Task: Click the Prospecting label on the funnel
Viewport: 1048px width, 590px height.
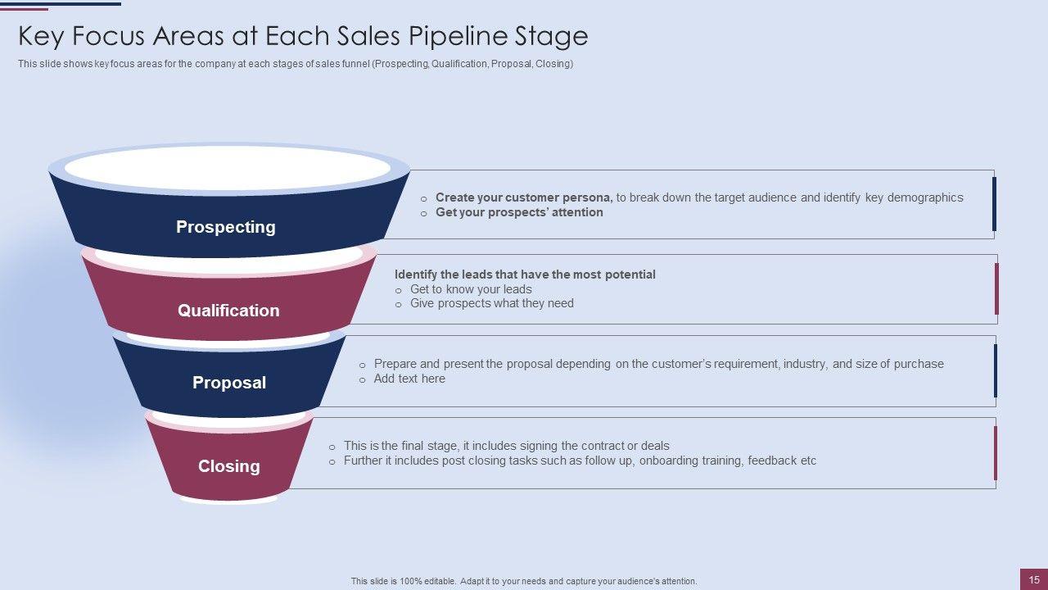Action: click(225, 227)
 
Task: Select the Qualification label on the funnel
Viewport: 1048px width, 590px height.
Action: click(228, 311)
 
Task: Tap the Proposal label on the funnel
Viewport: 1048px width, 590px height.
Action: click(229, 383)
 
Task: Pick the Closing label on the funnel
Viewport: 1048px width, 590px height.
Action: click(229, 466)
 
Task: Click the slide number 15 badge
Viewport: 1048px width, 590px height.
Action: click(1034, 579)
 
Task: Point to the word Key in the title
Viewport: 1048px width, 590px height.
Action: click(42, 37)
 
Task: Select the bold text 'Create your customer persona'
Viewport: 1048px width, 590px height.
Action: click(524, 197)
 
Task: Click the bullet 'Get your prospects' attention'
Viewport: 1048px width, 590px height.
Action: click(519, 212)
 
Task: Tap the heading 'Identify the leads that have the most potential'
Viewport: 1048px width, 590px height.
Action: click(525, 275)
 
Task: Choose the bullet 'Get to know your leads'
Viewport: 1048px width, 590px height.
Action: click(471, 289)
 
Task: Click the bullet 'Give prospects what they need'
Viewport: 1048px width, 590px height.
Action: click(491, 303)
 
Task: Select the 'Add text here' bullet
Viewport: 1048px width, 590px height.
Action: click(409, 379)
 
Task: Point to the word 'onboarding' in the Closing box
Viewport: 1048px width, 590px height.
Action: click(669, 461)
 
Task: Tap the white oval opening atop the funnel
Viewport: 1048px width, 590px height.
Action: click(228, 170)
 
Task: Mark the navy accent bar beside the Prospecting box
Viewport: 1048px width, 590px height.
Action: click(994, 204)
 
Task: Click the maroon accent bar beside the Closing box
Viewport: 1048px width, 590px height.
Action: click(996, 453)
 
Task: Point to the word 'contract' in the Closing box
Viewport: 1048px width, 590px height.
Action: click(603, 446)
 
